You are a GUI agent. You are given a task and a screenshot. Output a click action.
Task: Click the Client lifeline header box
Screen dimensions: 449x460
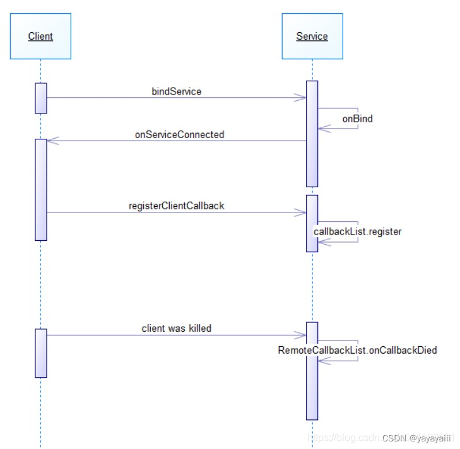[40, 37]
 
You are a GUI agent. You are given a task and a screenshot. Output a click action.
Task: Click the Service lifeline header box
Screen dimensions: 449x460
[312, 37]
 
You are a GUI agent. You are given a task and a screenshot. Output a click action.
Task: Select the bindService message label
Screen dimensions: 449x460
[177, 91]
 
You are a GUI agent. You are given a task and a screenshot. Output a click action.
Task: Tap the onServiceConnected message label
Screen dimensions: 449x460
[179, 134]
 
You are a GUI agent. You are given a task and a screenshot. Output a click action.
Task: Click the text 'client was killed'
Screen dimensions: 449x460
[177, 329]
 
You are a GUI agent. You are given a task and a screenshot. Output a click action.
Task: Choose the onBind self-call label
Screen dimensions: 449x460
[357, 118]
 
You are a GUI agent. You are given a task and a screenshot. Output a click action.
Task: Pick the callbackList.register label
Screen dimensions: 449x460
[357, 231]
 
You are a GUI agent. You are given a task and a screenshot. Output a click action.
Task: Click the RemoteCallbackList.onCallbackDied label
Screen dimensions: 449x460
[357, 350]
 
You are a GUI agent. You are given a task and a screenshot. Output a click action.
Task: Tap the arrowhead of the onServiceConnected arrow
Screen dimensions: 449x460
[52, 141]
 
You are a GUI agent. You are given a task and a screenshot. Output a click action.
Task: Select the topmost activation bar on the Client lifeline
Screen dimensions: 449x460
[41, 98]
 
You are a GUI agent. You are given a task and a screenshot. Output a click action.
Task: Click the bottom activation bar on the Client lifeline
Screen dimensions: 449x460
[41, 353]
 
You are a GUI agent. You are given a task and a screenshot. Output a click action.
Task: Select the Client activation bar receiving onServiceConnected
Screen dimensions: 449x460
[41, 189]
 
